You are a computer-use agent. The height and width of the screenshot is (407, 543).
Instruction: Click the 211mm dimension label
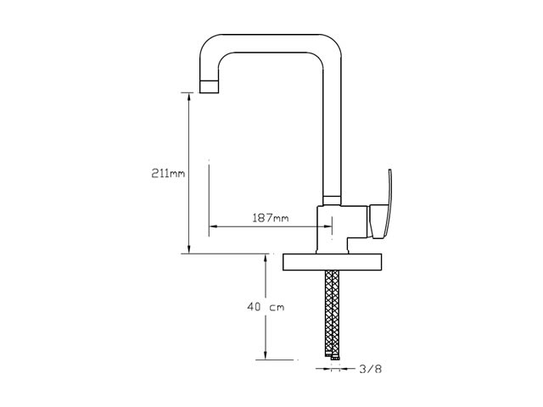tap(168, 173)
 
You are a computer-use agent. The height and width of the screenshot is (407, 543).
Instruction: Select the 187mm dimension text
tap(271, 218)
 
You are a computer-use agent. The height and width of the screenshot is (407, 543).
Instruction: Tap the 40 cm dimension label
tap(266, 307)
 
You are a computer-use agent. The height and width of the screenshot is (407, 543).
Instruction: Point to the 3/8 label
tap(370, 369)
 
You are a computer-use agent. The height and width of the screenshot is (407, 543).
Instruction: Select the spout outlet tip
tap(210, 86)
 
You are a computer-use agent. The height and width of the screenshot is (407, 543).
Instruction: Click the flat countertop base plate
tap(332, 262)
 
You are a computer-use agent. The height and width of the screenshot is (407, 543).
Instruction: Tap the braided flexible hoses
tap(332, 313)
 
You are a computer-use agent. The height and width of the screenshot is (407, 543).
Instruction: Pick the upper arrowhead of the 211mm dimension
tap(188, 97)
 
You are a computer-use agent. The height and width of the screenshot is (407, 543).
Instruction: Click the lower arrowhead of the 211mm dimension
tap(188, 249)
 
